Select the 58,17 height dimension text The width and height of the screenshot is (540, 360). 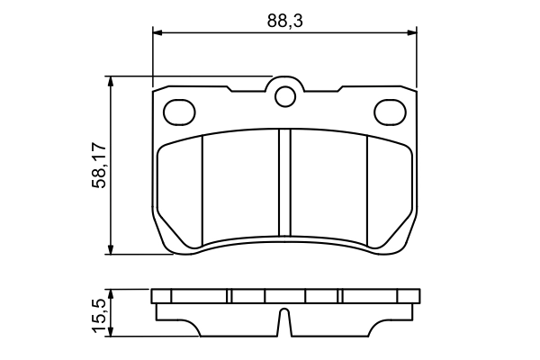100,165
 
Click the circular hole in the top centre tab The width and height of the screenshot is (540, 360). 285,94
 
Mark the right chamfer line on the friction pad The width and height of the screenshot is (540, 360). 369,189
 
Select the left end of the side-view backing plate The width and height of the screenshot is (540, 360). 155,296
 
